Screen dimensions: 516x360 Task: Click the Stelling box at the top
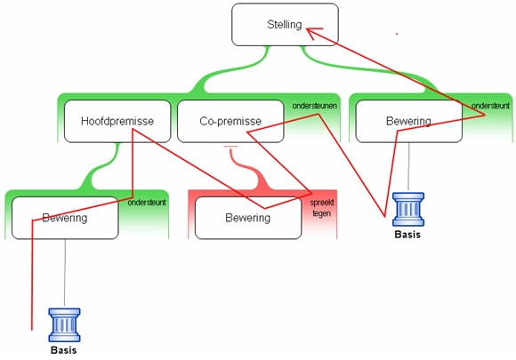(285, 25)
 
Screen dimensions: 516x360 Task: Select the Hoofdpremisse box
(117, 121)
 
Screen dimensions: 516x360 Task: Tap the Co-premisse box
(230, 121)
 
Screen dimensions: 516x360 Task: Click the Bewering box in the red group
(248, 218)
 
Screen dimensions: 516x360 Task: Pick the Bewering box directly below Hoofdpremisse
(65, 218)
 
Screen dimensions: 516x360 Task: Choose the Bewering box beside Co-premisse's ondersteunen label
(409, 121)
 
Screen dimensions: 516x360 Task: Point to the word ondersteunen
(315, 106)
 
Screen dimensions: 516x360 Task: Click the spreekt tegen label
(322, 208)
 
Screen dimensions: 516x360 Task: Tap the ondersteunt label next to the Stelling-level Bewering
(490, 106)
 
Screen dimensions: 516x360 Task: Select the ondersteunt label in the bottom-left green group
(147, 203)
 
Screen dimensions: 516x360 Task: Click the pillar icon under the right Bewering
(408, 210)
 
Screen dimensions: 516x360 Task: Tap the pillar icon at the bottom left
(64, 324)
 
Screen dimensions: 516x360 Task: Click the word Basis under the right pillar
(407, 235)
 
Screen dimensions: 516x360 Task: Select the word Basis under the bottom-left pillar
(64, 350)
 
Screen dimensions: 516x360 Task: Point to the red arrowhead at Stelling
(312, 33)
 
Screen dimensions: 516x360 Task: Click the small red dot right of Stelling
(397, 34)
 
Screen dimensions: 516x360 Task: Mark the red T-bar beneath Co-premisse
(230, 147)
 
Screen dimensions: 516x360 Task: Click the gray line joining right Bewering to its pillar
(408, 167)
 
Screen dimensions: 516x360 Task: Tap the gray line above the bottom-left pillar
(65, 274)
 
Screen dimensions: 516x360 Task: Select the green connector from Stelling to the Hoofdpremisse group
(230, 70)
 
